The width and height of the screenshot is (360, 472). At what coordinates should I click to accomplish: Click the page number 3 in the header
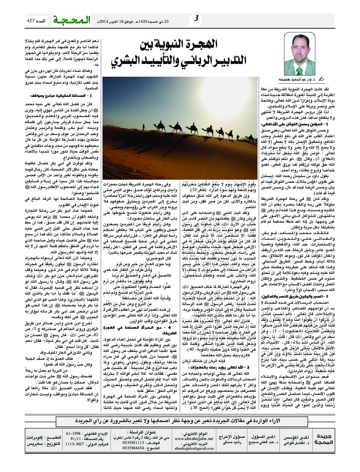(x=197, y=18)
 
